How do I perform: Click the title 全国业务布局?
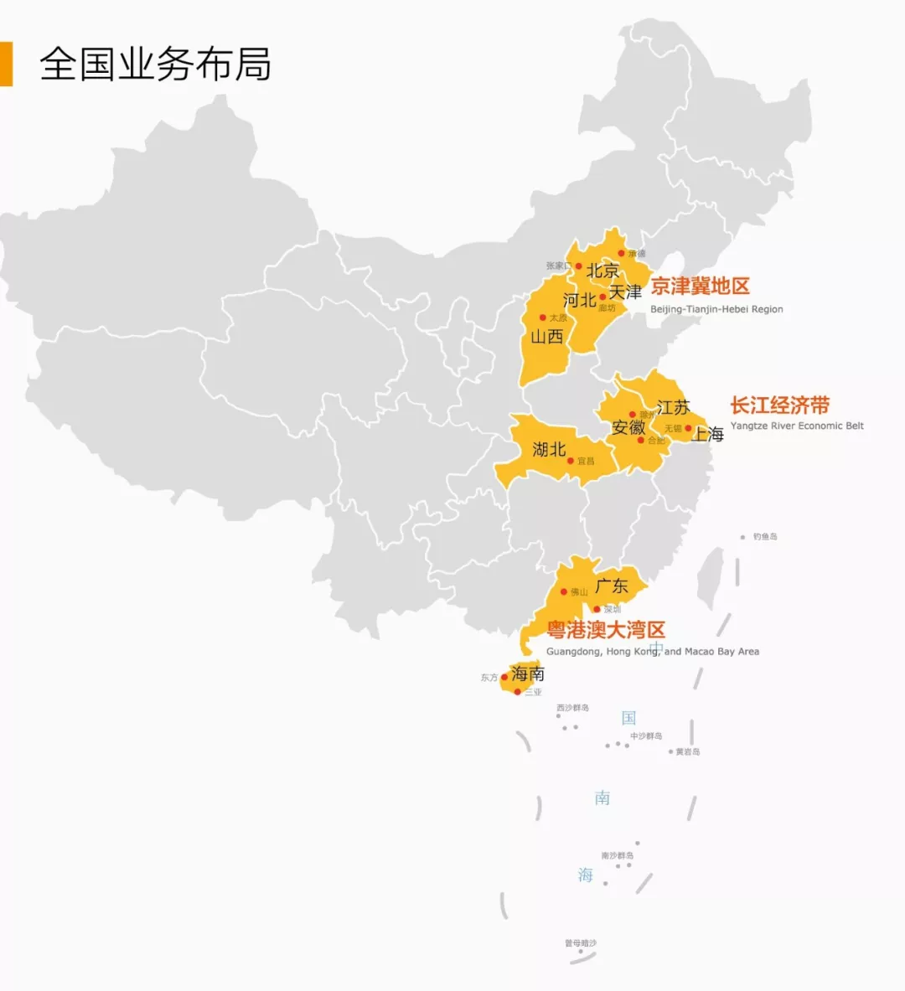155,65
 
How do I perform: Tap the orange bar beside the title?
6,64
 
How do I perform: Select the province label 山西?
546,337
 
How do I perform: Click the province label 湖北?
549,450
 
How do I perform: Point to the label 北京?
602,271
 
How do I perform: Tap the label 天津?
625,292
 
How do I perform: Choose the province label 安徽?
628,428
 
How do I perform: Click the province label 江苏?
673,408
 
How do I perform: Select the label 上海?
708,434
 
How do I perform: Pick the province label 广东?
612,586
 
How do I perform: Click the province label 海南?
528,674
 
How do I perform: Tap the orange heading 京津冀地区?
700,286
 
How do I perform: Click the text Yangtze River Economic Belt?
796,426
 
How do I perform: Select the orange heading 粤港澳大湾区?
606,630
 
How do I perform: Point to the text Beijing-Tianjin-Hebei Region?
716,309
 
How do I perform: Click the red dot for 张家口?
578,266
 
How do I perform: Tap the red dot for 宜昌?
571,461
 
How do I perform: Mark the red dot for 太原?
543,317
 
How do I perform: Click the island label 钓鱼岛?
764,536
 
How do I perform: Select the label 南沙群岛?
617,855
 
